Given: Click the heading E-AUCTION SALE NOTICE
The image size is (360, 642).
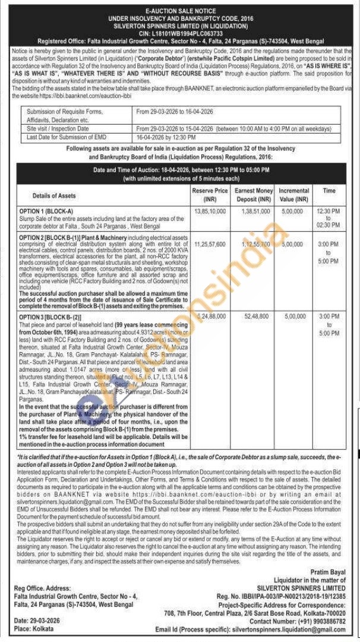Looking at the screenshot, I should click(181, 11).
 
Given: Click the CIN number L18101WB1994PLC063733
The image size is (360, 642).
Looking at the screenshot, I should click(181, 34).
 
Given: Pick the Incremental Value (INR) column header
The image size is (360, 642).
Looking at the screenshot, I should click(294, 194).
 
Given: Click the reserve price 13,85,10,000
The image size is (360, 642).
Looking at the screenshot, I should click(209, 211).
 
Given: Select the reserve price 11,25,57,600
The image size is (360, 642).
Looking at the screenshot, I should click(209, 244).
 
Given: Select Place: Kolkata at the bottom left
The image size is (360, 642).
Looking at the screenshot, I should click(32, 628).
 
